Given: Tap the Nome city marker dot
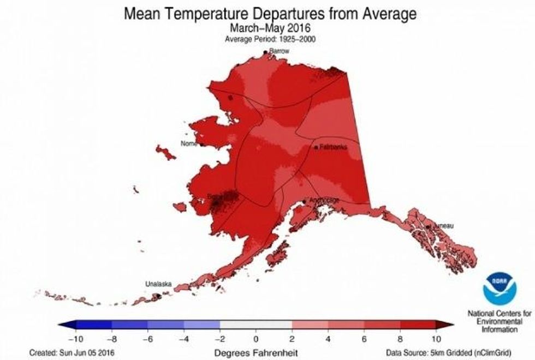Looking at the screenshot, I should (x=202, y=145).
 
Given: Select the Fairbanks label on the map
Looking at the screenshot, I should (x=333, y=147).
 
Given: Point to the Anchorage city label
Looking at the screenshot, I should (x=324, y=200).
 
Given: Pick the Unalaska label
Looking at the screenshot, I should (x=158, y=284).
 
